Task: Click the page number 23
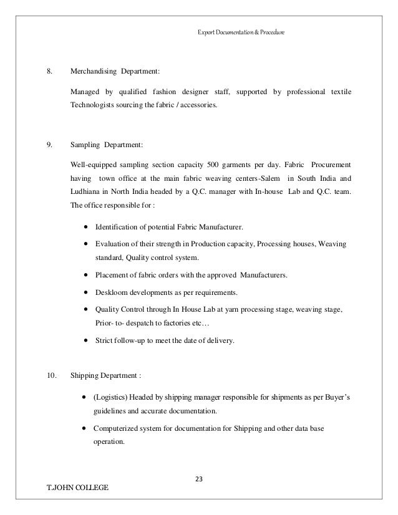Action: click(199, 479)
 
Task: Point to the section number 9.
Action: click(49, 146)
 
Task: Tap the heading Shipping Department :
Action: click(105, 376)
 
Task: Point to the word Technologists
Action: click(95, 107)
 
